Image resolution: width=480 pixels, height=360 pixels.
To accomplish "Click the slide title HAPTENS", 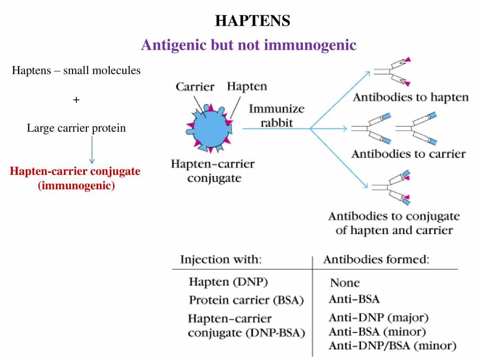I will pos(252,21).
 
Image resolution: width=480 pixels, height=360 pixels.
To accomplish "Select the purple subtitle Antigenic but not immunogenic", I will pos(249,45).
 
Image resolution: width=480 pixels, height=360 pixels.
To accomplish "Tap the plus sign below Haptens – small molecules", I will pos(76,99).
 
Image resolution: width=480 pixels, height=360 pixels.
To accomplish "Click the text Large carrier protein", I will pos(76,128).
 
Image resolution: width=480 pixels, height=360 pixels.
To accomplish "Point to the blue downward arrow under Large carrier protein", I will pos(92,149).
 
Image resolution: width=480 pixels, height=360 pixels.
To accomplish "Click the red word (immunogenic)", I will pos(76,186).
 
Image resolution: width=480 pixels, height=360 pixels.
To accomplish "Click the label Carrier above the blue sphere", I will pos(195,86).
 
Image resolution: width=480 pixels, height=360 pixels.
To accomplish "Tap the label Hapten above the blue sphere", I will pos(247,86).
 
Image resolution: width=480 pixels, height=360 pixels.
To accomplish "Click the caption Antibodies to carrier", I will pos(408,154).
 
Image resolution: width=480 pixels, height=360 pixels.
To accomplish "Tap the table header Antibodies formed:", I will pos(376,260).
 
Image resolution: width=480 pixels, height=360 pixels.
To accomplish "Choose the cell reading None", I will pos(345,283).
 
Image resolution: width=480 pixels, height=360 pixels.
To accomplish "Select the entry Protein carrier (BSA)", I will pos(246,300).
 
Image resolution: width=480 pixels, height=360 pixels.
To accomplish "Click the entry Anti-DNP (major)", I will pos(379,318).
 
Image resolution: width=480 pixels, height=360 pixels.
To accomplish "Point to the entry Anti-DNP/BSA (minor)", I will pos(392,346).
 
